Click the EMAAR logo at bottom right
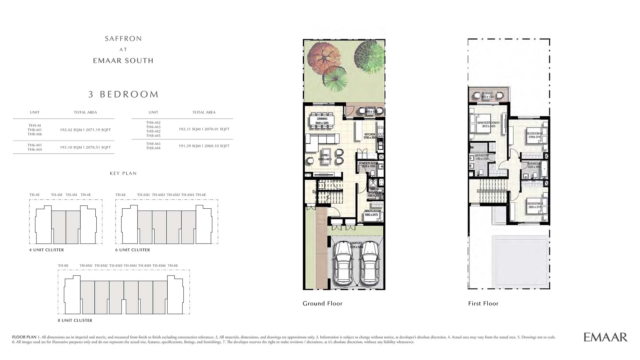tap(605, 337)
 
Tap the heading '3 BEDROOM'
tap(124, 94)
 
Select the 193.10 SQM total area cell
tap(85, 148)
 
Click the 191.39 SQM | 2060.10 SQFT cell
tap(204, 146)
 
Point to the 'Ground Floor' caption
tap(323, 303)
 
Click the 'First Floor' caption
tap(483, 303)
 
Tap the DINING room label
tap(322, 119)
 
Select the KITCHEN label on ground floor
tap(370, 134)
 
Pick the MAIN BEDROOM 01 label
tap(488, 123)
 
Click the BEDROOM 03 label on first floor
tap(535, 204)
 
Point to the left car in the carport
tap(343, 264)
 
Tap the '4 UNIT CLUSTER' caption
tap(46, 250)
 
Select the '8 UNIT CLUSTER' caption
tap(75, 320)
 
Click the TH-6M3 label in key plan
tap(173, 195)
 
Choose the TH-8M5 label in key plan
tap(145, 266)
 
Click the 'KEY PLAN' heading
tap(123, 173)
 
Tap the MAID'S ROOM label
tap(372, 211)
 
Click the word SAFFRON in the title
tap(123, 39)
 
